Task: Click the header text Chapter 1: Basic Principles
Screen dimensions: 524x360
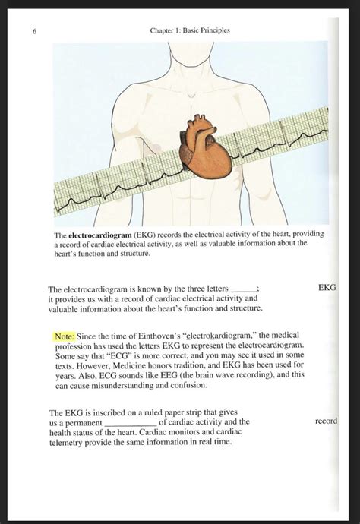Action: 190,30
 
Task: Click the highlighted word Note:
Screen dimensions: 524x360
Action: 64,336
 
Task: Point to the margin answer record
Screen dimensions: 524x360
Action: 326,421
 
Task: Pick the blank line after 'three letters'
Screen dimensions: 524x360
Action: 244,290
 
